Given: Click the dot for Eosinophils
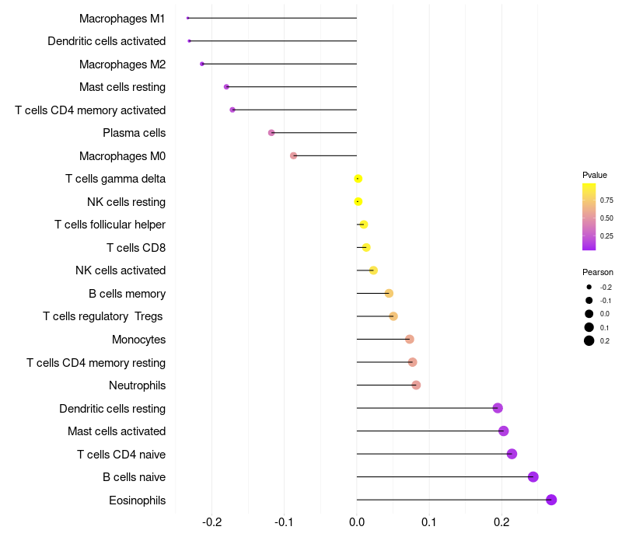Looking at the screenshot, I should [x=551, y=500].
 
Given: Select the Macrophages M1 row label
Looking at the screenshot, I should [x=122, y=18].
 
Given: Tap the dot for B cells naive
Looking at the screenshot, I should [x=533, y=477].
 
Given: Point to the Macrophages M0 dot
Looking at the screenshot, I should [x=293, y=155].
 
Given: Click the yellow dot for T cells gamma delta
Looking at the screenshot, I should [x=358, y=179].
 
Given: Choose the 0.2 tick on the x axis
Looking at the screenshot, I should [x=501, y=521].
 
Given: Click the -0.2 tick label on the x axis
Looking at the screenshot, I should [x=211, y=521].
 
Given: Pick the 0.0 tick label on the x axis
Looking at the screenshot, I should [x=357, y=521].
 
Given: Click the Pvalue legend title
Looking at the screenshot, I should [x=595, y=175].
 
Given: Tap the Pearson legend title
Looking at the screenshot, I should [x=598, y=272].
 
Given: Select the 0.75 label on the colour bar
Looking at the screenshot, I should [x=606, y=200].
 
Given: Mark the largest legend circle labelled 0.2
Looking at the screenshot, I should [x=589, y=341].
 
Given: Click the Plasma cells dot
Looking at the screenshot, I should [x=271, y=133].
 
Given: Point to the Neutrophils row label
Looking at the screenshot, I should [x=137, y=385].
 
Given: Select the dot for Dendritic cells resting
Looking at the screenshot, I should [x=498, y=408].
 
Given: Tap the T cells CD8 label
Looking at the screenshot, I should [x=136, y=248].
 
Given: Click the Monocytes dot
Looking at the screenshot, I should [x=410, y=340].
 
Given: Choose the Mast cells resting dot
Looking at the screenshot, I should [x=226, y=87].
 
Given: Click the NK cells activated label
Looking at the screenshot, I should [x=121, y=270].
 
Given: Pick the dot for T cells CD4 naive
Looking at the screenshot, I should [x=512, y=454].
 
